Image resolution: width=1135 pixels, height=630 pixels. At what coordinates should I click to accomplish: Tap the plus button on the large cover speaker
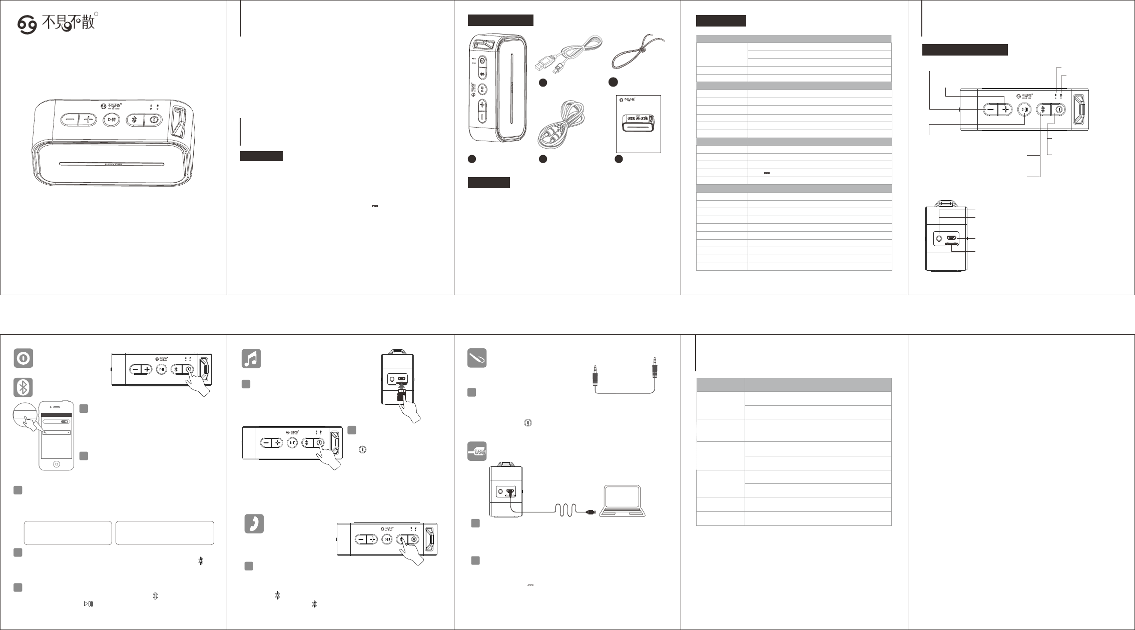(x=89, y=120)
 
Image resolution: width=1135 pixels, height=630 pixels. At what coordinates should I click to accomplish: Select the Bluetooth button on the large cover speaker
(x=134, y=120)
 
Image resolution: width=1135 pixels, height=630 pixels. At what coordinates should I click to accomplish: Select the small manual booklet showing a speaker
(x=638, y=124)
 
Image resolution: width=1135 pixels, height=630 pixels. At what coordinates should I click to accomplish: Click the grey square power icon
(x=24, y=358)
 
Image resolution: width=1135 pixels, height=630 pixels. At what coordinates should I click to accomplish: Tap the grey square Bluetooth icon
(x=24, y=388)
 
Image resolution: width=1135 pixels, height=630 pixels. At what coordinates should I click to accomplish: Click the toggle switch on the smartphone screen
(x=65, y=422)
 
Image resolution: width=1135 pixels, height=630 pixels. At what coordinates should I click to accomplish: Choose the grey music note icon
(x=251, y=358)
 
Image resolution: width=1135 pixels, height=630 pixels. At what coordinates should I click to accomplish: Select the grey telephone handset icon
(x=254, y=523)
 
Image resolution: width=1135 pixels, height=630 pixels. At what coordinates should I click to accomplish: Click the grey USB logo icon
(x=477, y=451)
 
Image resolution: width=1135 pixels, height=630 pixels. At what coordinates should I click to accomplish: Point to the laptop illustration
(x=623, y=501)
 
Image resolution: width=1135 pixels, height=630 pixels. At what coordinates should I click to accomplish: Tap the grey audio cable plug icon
(x=477, y=358)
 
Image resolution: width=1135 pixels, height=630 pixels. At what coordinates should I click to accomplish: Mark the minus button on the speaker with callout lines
(x=990, y=110)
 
